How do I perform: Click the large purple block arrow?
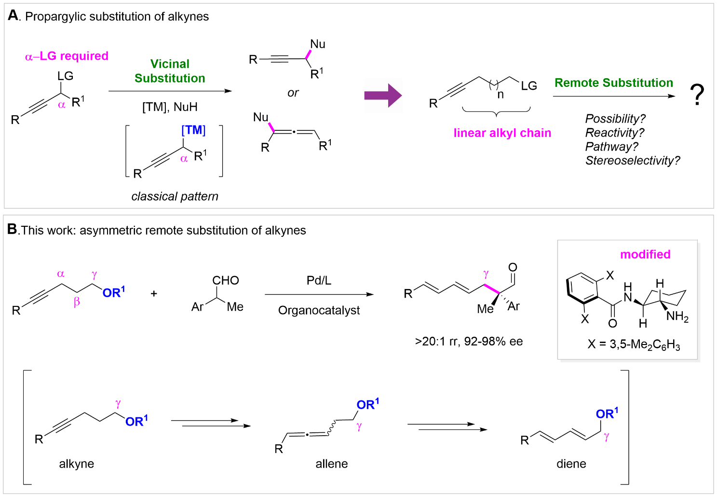(x=382, y=95)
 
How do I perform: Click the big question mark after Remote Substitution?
(x=697, y=95)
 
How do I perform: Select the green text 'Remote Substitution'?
(x=613, y=83)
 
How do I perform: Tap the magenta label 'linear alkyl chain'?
(x=502, y=133)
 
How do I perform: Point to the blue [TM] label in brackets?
(x=193, y=130)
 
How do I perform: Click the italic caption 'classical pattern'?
(x=175, y=196)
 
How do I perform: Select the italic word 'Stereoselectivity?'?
(x=632, y=161)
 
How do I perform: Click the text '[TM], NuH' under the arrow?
(x=170, y=107)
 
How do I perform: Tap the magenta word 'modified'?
(x=645, y=254)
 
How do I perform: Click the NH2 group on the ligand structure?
(x=677, y=317)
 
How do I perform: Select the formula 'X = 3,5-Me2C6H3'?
(x=634, y=345)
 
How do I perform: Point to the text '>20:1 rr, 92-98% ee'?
(x=469, y=342)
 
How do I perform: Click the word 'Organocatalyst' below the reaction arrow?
(x=319, y=310)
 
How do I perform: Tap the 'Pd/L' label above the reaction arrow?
(x=319, y=280)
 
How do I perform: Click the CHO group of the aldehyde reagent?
(x=226, y=280)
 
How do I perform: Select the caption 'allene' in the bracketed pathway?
(x=331, y=464)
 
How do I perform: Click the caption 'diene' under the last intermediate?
(x=571, y=464)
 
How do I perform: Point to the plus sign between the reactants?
(x=154, y=293)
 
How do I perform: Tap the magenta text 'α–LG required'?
(x=67, y=56)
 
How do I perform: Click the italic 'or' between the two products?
(x=293, y=93)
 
